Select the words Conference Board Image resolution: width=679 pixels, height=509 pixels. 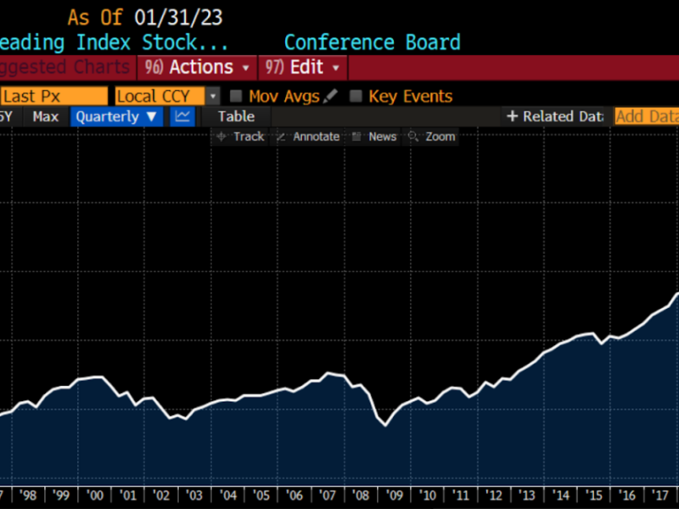click(372, 42)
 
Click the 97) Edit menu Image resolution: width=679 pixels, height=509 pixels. click(302, 67)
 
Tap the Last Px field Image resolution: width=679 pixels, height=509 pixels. click(53, 97)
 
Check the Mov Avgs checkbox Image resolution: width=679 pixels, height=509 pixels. click(237, 97)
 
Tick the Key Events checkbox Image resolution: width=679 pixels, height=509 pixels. click(356, 97)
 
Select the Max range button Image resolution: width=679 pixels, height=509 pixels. click(46, 117)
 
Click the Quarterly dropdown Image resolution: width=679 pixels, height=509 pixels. click(116, 117)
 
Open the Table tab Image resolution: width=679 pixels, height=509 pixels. click(236, 117)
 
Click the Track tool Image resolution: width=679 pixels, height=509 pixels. click(240, 137)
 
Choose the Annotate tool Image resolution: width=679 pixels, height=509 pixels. click(307, 137)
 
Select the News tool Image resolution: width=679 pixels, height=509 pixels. click(374, 137)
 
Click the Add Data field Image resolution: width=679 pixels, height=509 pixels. click(646, 117)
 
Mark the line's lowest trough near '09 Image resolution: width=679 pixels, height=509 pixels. click(385, 425)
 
